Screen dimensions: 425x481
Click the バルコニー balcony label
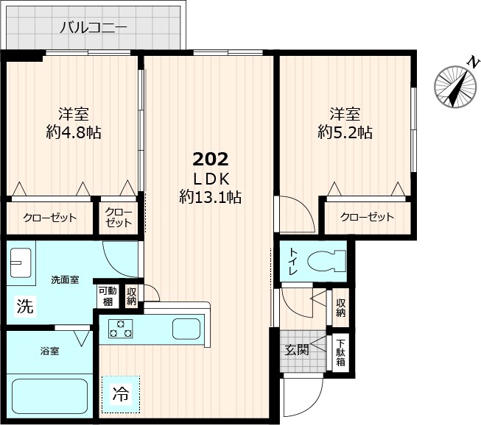(x=93, y=28)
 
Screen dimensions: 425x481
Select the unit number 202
(x=211, y=159)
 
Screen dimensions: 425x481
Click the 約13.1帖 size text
(x=211, y=196)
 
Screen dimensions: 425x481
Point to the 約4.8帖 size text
(x=74, y=132)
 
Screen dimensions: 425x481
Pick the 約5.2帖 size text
(x=344, y=132)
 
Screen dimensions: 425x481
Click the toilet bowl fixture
(x=327, y=261)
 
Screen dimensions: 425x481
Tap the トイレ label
(x=292, y=261)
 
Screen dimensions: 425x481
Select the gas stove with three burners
(x=122, y=329)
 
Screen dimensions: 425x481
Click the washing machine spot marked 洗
(x=24, y=306)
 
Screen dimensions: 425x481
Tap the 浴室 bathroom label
(x=49, y=351)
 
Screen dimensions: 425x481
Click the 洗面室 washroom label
(x=65, y=280)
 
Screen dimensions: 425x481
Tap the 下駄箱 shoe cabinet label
(x=340, y=354)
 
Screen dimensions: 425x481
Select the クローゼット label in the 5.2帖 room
(x=366, y=217)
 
